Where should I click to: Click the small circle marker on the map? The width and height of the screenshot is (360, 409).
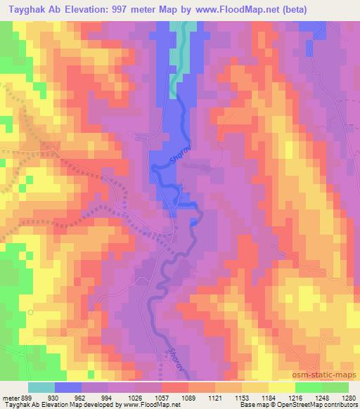tap(30, 310)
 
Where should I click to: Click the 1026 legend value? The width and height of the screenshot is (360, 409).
tap(134, 396)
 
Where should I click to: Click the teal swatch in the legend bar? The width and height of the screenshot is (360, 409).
tap(41, 387)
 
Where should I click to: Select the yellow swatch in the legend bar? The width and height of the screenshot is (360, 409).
tap(282, 387)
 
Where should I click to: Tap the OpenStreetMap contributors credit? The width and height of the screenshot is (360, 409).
tap(323, 405)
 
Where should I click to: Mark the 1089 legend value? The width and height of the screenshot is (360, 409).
tap(187, 396)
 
